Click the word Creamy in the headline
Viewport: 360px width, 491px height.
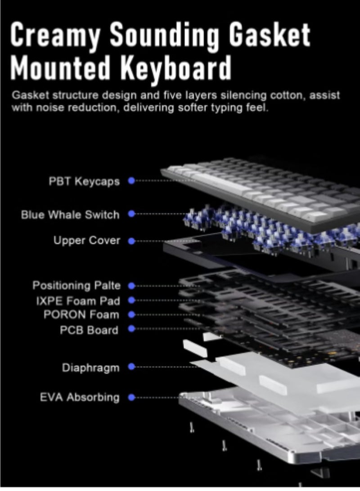point(55,35)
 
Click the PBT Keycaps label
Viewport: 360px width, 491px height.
point(84,181)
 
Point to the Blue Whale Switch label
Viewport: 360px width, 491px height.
point(70,215)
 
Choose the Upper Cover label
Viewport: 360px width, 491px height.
point(87,240)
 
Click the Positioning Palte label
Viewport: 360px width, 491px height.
point(76,286)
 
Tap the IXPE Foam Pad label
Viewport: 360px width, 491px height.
point(78,301)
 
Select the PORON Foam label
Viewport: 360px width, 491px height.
point(81,315)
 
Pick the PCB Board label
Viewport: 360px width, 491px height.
point(89,330)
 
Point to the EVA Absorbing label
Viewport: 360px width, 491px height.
point(80,397)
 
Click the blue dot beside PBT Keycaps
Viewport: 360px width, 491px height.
point(131,180)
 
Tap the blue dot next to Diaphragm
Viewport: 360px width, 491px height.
point(131,366)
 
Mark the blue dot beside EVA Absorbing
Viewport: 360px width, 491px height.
point(131,397)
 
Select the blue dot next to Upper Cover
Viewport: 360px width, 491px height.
point(131,241)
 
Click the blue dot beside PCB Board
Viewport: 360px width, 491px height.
point(131,329)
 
